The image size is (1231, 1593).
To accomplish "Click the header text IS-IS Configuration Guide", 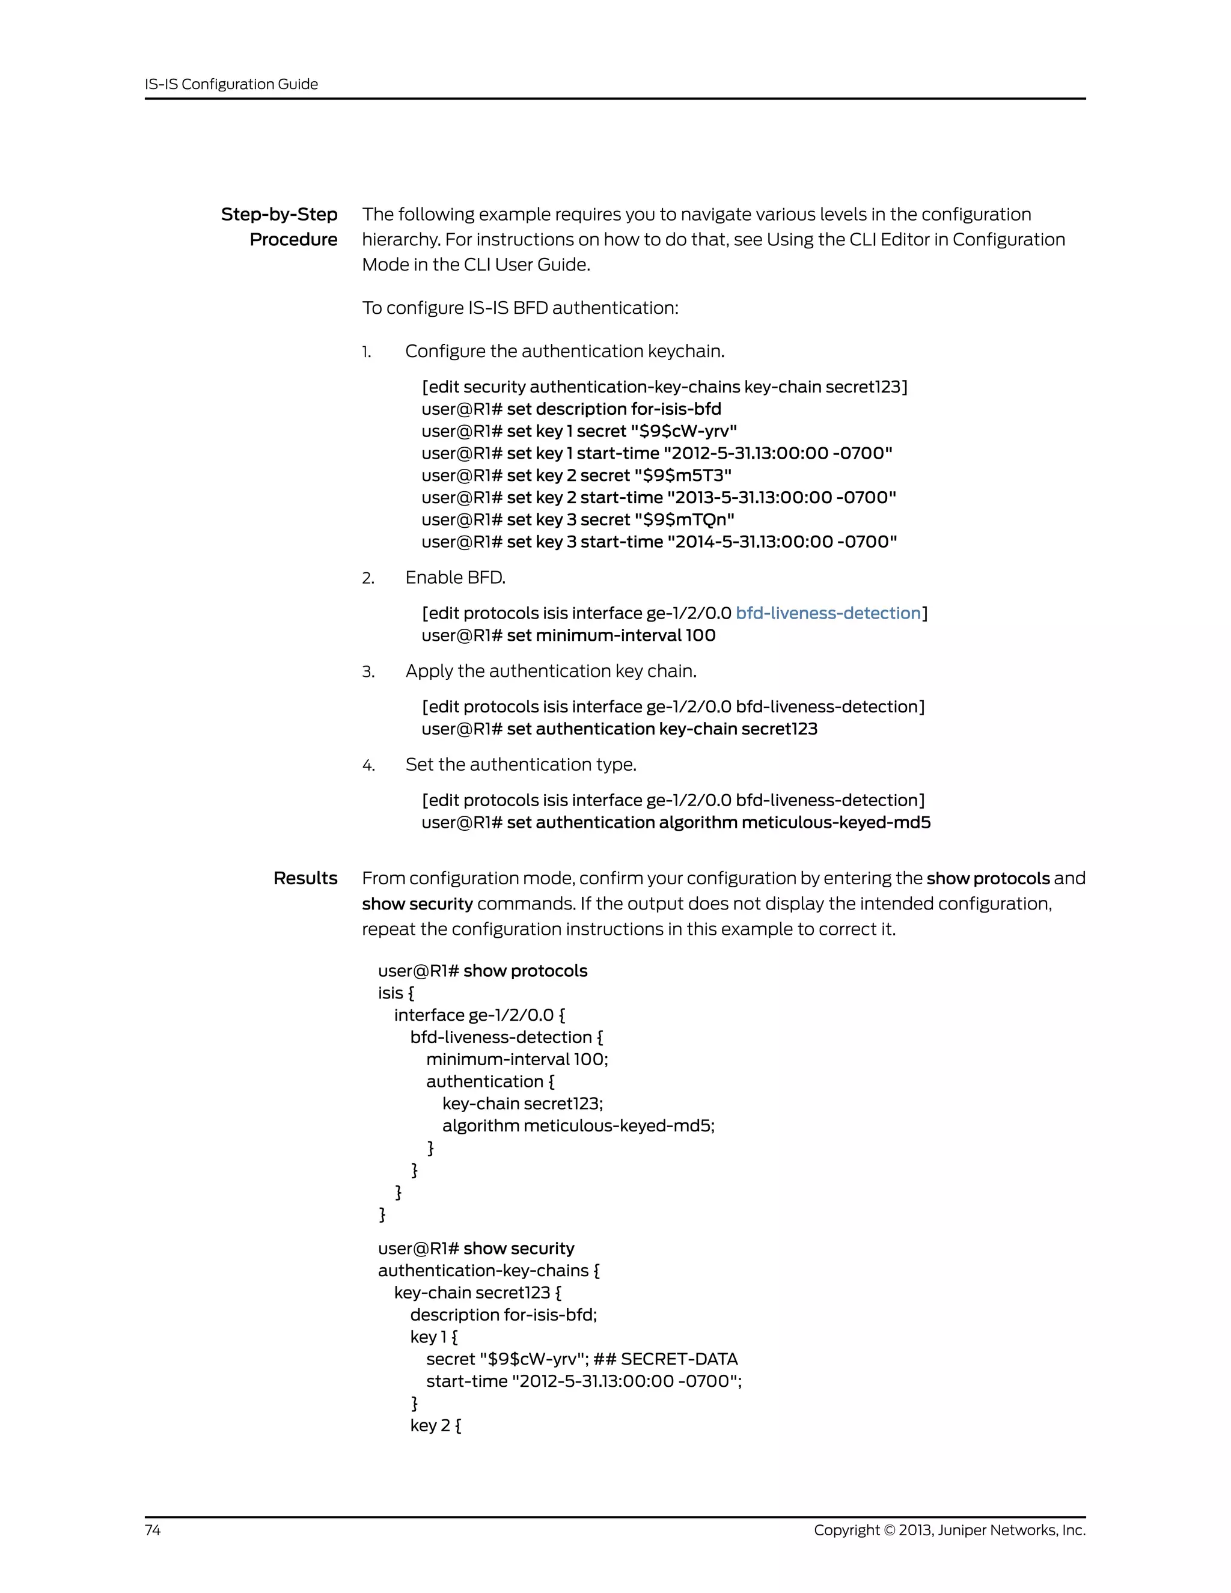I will coord(231,84).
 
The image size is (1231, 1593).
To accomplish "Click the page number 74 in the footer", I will coord(153,1529).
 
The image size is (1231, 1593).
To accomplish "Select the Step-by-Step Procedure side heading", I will coord(280,227).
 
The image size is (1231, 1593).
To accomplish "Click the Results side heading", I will coord(305,878).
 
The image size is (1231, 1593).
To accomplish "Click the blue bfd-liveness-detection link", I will coord(828,613).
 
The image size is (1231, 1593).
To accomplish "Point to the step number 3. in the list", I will coord(368,672).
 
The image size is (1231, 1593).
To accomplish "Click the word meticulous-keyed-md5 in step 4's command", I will coord(835,823).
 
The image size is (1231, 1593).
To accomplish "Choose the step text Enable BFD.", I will coord(455,578).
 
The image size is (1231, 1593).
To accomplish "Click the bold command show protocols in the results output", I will coord(525,971).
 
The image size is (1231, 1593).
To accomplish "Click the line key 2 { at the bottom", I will coord(435,1425).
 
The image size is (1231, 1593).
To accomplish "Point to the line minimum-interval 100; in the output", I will coord(516,1059).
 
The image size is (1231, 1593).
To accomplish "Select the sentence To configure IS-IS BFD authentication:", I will coord(520,308).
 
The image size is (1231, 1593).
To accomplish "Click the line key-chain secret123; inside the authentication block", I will coord(522,1104).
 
